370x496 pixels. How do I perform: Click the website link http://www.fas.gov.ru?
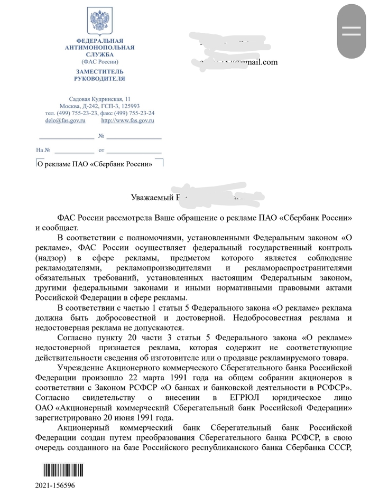pos(127,120)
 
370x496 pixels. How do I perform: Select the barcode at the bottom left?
pos(56,473)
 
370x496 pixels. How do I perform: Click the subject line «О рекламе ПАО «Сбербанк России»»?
pos(95,164)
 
